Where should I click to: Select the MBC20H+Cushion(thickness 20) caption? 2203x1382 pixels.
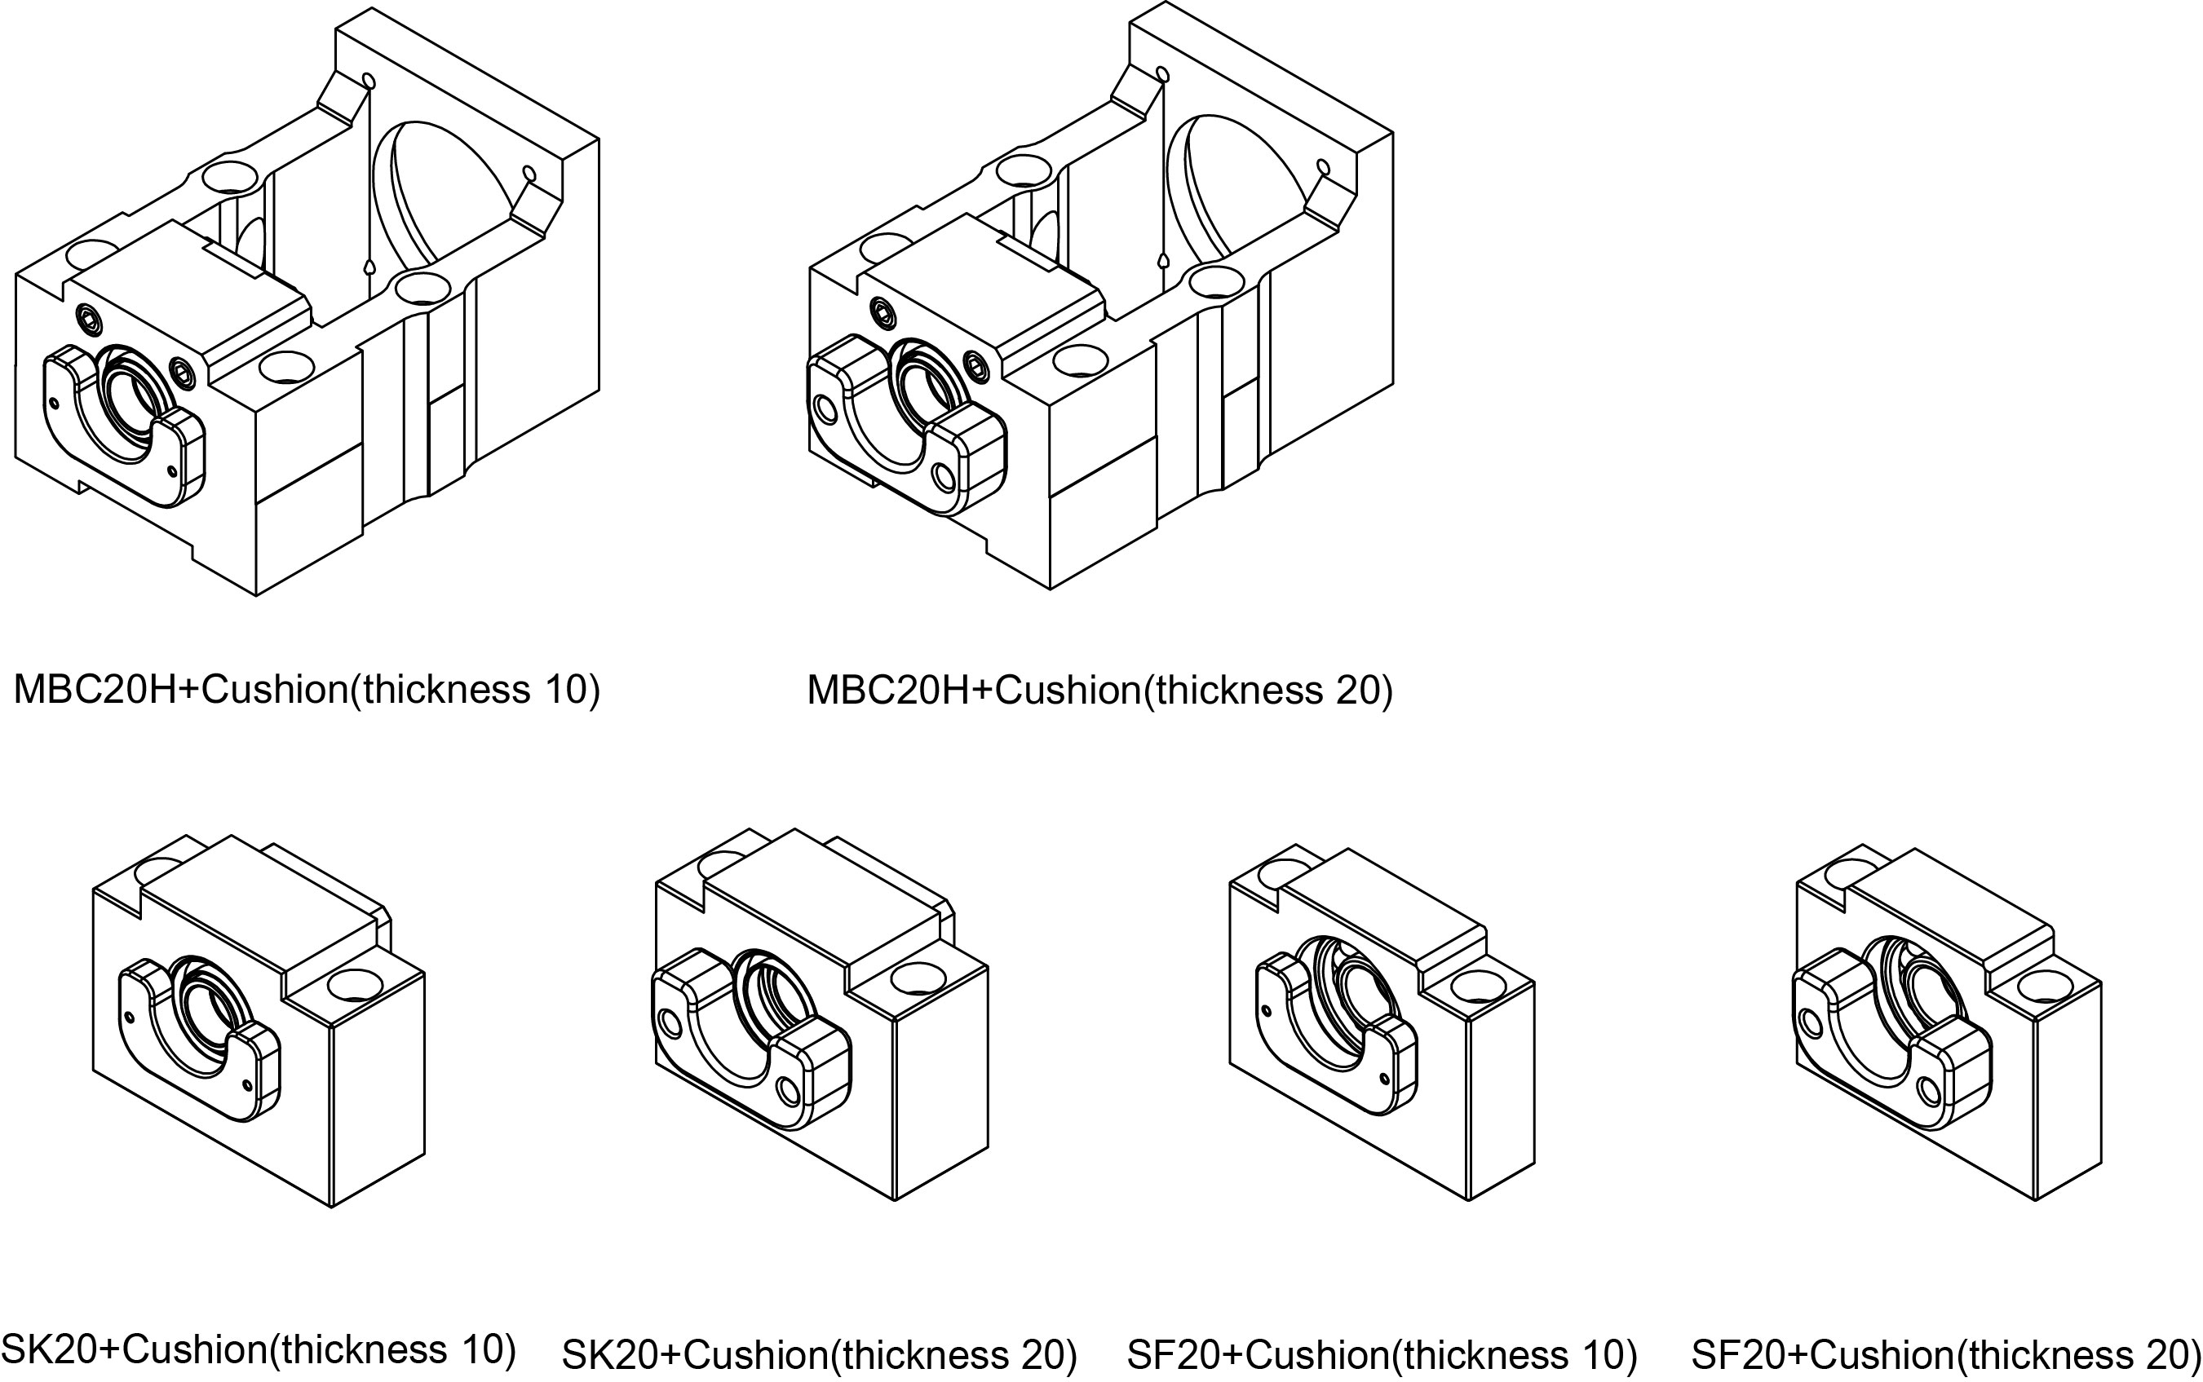pyautogui.click(x=1099, y=689)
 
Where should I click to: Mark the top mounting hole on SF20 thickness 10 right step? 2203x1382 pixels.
pyautogui.click(x=1475, y=985)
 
